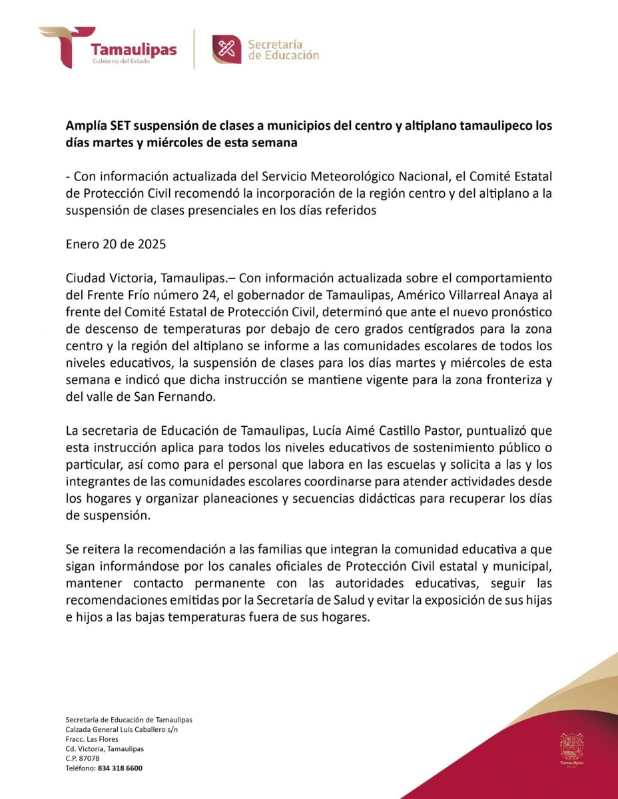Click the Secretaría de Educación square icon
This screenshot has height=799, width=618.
coord(226,49)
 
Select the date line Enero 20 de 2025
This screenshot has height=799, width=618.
coord(116,244)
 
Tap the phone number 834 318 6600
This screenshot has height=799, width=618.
coord(120,768)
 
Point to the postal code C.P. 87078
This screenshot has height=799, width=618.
coord(83,758)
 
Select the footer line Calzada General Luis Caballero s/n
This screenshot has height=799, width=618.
coord(122,730)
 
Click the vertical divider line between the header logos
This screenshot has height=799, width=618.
coord(194,49)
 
